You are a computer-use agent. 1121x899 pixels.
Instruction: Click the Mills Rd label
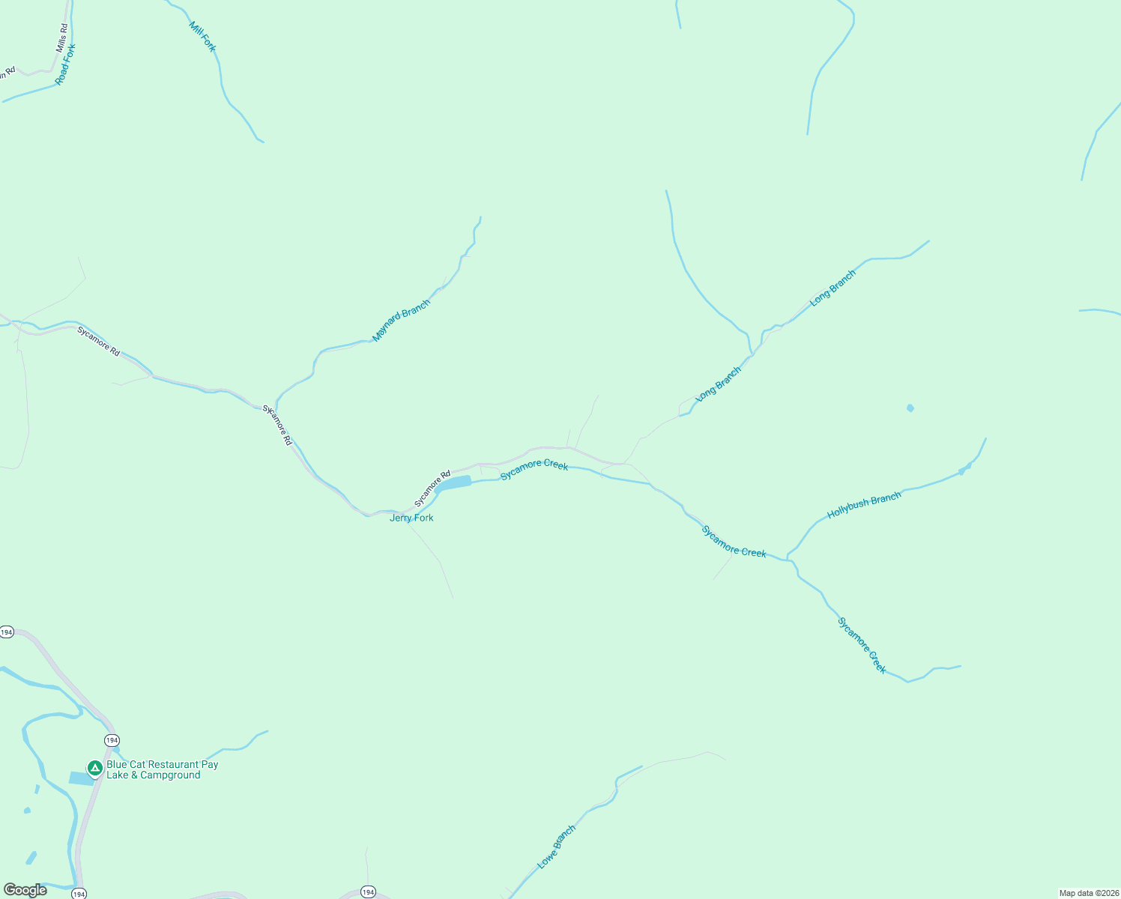click(x=62, y=37)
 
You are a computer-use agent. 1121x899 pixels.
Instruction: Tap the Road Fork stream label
click(x=66, y=64)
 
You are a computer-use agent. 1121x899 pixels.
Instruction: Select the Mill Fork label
click(x=202, y=36)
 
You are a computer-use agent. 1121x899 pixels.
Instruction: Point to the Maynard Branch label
click(x=402, y=321)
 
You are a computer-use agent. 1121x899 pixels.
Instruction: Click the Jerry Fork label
click(x=411, y=518)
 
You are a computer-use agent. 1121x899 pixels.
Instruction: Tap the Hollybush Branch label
click(x=864, y=506)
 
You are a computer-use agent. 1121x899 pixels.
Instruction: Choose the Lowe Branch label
click(x=557, y=847)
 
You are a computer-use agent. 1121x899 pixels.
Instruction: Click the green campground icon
click(x=95, y=768)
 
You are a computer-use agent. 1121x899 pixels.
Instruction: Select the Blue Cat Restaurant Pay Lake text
click(x=162, y=769)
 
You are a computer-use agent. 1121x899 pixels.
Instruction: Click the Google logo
click(x=25, y=890)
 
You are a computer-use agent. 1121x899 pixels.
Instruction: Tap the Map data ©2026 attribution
click(x=1088, y=893)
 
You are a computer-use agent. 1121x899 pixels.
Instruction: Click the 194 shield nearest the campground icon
click(x=112, y=740)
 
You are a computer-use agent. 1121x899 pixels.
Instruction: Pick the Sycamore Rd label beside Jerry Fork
click(x=432, y=488)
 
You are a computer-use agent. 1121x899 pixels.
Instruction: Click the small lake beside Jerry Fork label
click(x=454, y=483)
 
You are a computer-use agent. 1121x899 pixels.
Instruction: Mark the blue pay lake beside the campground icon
click(x=80, y=778)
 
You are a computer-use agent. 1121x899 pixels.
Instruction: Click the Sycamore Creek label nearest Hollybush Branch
click(x=734, y=542)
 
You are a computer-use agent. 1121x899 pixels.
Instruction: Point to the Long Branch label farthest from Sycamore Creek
click(x=833, y=288)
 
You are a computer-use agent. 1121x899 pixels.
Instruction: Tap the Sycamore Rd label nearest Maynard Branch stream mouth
click(x=277, y=426)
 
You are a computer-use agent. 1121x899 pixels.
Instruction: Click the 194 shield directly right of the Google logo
click(x=79, y=893)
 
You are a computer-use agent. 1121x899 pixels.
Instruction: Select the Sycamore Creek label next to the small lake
click(x=534, y=470)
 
